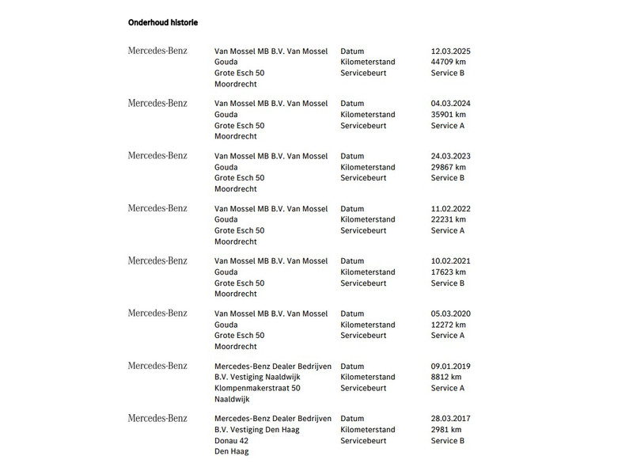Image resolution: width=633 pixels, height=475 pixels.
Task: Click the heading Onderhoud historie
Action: coord(163,23)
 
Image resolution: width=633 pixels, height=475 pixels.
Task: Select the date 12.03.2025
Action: coord(451,51)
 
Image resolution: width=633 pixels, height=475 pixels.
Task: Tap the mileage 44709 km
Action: coord(449,62)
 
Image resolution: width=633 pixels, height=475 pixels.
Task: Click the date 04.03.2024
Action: coord(451,104)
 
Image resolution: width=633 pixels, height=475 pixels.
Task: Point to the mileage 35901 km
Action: coord(449,115)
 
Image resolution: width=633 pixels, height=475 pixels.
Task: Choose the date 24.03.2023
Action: coord(451,156)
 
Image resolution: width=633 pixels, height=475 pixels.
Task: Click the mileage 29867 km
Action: coord(449,167)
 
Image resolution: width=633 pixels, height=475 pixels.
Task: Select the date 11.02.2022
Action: coord(451,209)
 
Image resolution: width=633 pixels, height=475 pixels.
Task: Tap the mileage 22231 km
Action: coord(449,219)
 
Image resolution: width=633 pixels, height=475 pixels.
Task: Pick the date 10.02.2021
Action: coord(451,261)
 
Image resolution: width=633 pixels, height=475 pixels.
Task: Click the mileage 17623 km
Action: coord(449,272)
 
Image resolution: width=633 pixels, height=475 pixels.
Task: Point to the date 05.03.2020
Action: coord(451,313)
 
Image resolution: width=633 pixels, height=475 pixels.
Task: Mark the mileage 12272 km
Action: coord(449,325)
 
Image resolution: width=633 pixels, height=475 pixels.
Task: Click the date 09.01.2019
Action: coord(451,367)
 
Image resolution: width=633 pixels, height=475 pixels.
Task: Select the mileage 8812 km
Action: coord(446,377)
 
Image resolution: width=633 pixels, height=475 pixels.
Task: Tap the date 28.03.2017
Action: coord(451,419)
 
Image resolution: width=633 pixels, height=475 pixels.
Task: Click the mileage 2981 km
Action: coord(446,430)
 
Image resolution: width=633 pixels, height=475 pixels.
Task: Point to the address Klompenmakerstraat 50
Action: coord(257,388)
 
